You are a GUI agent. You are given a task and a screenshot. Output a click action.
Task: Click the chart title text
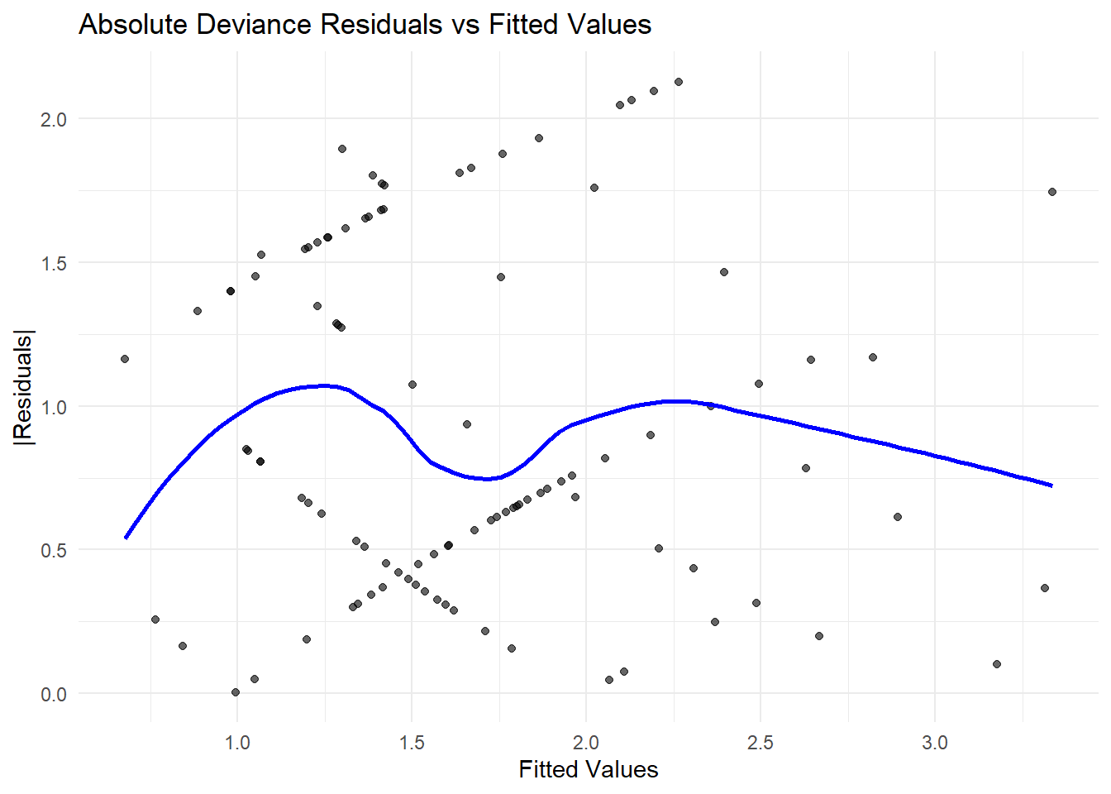point(365,25)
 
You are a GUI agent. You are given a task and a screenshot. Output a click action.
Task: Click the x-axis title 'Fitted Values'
point(589,769)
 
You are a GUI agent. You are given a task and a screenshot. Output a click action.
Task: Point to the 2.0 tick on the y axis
point(53,119)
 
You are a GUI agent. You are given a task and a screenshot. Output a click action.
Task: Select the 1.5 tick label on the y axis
point(53,263)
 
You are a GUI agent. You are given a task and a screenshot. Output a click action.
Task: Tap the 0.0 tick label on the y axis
point(53,694)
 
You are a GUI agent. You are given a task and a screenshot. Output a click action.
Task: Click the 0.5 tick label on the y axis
point(53,550)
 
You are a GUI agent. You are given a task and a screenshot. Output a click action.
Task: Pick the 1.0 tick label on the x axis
point(237,742)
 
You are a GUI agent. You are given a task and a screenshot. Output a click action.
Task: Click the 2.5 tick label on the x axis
point(761,742)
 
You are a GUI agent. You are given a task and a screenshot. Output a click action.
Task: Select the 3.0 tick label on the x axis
point(935,742)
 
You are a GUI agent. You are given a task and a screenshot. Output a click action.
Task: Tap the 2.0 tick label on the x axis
point(586,742)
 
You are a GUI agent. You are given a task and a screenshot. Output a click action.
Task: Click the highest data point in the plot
point(679,82)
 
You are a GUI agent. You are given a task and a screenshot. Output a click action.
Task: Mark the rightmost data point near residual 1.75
point(1052,192)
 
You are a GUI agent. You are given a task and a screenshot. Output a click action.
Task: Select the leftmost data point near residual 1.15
point(125,359)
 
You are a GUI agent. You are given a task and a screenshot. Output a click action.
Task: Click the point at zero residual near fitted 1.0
point(236,692)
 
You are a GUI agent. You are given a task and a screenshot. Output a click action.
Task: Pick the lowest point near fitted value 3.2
point(997,664)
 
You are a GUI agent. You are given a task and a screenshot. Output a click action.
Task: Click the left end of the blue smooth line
point(126,538)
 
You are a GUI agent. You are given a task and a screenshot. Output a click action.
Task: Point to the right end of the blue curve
point(1051,485)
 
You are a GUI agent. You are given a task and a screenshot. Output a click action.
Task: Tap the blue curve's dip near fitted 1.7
point(488,478)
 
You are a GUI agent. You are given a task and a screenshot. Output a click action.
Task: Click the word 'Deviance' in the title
point(259,25)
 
